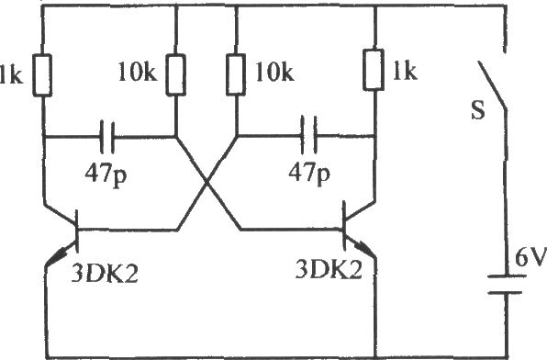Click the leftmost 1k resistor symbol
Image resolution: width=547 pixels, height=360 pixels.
(x=42, y=75)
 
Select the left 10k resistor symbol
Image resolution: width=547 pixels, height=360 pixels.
(x=176, y=74)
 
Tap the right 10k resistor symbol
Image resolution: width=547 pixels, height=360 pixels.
(x=236, y=74)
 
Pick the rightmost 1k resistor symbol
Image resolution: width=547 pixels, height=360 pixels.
(x=374, y=70)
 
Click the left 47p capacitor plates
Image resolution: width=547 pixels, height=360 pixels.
(x=107, y=137)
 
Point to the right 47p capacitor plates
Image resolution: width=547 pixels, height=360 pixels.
(x=309, y=136)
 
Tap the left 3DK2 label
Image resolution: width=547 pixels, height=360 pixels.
(x=105, y=273)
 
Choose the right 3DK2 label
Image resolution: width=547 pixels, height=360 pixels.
(x=329, y=269)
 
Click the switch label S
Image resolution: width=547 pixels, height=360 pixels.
(x=478, y=110)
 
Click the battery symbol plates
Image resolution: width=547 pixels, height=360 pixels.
(x=507, y=284)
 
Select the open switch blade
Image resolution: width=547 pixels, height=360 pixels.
(x=492, y=85)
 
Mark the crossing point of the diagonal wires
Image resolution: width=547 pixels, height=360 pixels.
(x=208, y=182)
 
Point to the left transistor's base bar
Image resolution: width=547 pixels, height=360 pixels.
(x=77, y=231)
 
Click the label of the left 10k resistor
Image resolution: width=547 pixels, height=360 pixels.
(x=138, y=72)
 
